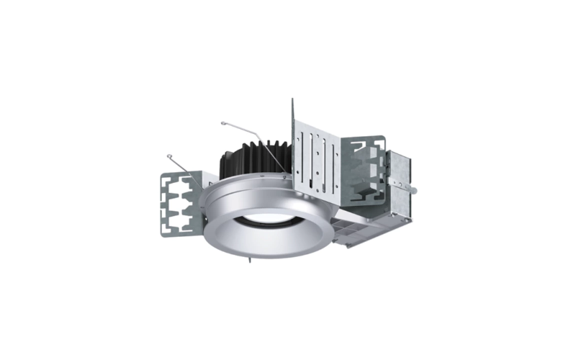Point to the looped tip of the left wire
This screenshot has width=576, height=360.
(x=170, y=156)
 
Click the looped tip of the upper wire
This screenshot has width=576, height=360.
(x=224, y=123)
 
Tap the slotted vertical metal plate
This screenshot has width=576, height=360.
(x=317, y=158)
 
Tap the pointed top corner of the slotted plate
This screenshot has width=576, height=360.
(x=293, y=102)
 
